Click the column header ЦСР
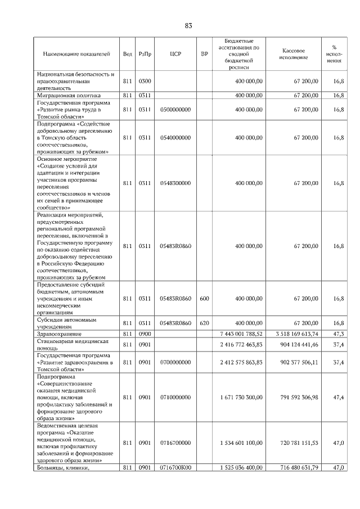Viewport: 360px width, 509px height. (x=175, y=55)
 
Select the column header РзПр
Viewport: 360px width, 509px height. (x=145, y=55)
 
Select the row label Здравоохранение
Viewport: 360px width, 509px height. (x=60, y=334)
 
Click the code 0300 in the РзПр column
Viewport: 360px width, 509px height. (x=145, y=82)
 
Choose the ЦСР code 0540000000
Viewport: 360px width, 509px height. (x=175, y=137)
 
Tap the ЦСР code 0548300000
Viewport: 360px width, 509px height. (x=175, y=183)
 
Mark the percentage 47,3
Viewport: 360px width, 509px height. (x=338, y=334)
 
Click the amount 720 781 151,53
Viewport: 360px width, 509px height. (x=294, y=443)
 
